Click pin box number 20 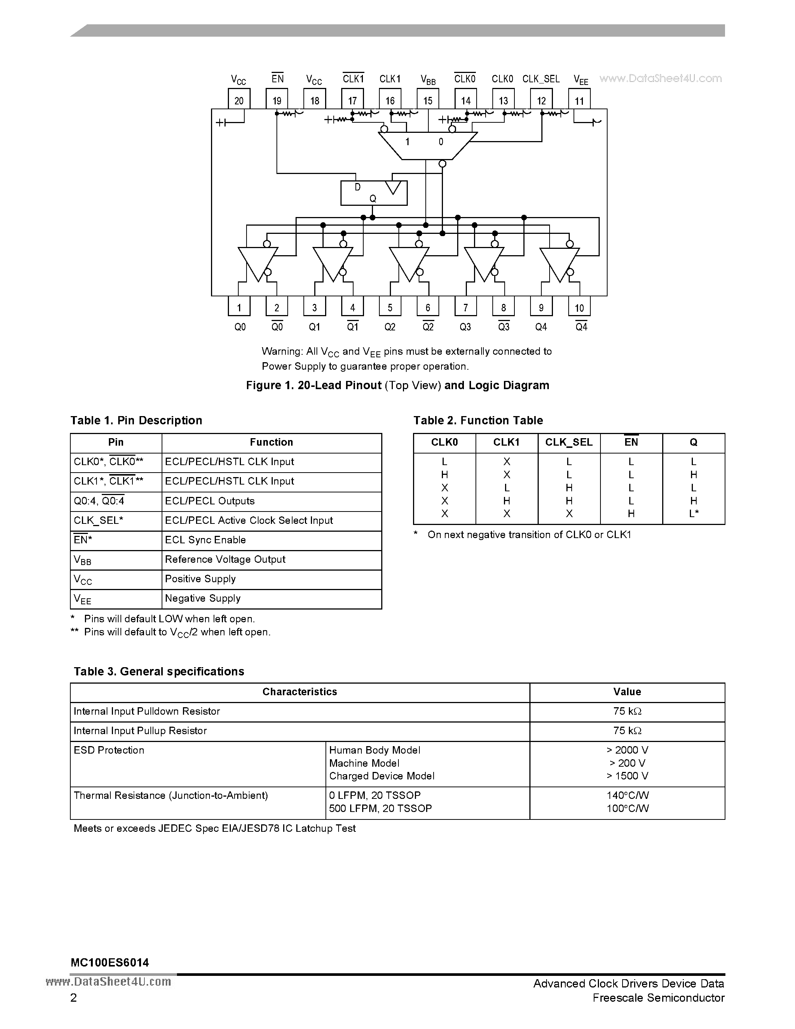pyautogui.click(x=239, y=100)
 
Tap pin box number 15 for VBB pyautogui.click(x=428, y=100)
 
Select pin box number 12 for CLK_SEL pyautogui.click(x=541, y=100)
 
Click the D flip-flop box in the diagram pyautogui.click(x=373, y=193)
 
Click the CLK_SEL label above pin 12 pyautogui.click(x=541, y=79)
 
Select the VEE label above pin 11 pyautogui.click(x=581, y=80)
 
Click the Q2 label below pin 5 pyautogui.click(x=389, y=327)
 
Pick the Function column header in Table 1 pyautogui.click(x=271, y=442)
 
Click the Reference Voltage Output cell pyautogui.click(x=225, y=559)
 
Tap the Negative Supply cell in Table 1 pyautogui.click(x=202, y=598)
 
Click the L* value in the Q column pyautogui.click(x=693, y=513)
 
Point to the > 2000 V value pyautogui.click(x=627, y=750)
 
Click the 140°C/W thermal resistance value pyautogui.click(x=627, y=795)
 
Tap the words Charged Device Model pyautogui.click(x=382, y=776)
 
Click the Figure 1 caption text pyautogui.click(x=397, y=385)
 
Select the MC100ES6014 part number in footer pyautogui.click(x=110, y=962)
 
